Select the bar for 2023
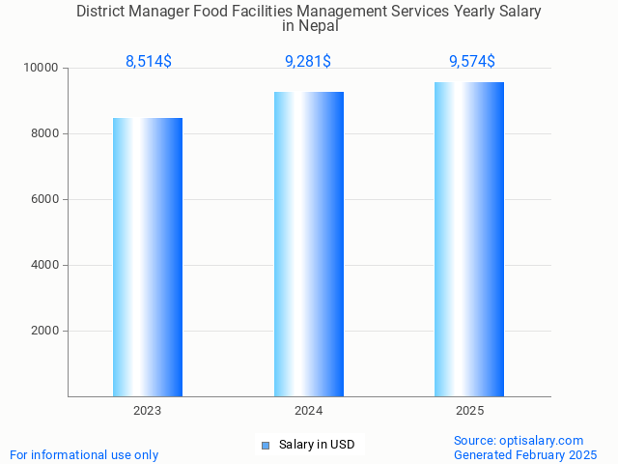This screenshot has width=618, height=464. pos(148,257)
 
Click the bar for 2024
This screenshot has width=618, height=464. pos(309,244)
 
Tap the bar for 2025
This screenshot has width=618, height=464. pos(469,239)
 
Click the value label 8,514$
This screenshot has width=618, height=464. pos(149,61)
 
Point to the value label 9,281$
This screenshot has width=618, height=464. pos(308,61)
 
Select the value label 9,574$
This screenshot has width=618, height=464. pos(472,61)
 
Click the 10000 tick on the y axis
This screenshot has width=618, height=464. pos(41,69)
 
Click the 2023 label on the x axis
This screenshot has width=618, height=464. pos(148,411)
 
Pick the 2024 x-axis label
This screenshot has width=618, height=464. pos(309,411)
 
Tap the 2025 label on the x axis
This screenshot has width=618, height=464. pos(469,411)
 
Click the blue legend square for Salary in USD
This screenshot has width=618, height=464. pos(266,446)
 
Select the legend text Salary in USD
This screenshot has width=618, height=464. pos(317,445)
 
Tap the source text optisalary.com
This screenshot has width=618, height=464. pos(542,441)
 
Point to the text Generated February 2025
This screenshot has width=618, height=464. pos(525,454)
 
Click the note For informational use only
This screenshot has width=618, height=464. pos(84,454)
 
